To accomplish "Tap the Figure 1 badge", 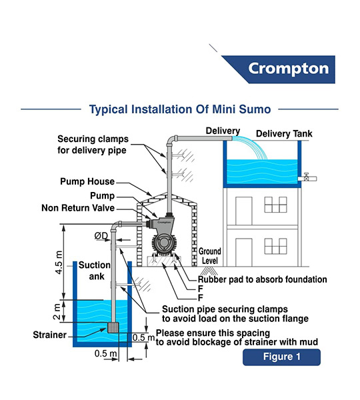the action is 281,357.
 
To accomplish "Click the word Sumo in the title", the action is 255,109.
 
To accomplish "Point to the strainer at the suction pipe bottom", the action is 113,327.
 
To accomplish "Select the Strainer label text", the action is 50,335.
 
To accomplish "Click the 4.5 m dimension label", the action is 59,263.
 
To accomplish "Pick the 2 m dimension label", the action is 57,311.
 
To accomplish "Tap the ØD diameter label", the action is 101,236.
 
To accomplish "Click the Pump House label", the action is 87,181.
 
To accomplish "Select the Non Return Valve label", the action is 78,208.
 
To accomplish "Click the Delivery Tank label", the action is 284,134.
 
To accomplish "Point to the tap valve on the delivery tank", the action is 307,177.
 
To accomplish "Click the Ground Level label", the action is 210,256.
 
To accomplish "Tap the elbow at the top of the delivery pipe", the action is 171,140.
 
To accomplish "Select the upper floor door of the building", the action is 243,211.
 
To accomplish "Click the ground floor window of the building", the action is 275,246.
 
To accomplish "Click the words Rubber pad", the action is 212,279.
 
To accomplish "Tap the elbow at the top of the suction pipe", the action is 117,226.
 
